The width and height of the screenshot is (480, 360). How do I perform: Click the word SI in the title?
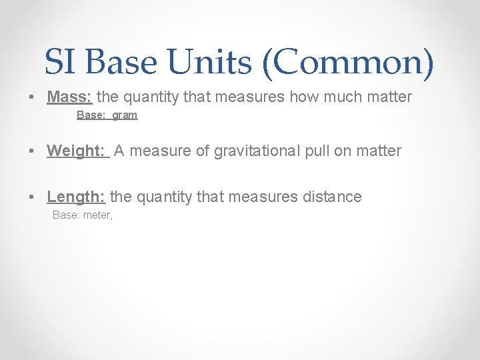(61, 63)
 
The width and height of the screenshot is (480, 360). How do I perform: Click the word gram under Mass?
(125, 115)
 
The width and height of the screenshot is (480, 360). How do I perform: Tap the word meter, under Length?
(98, 215)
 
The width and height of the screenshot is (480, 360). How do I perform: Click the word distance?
(333, 197)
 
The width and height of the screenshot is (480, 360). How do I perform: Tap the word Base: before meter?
(66, 215)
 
